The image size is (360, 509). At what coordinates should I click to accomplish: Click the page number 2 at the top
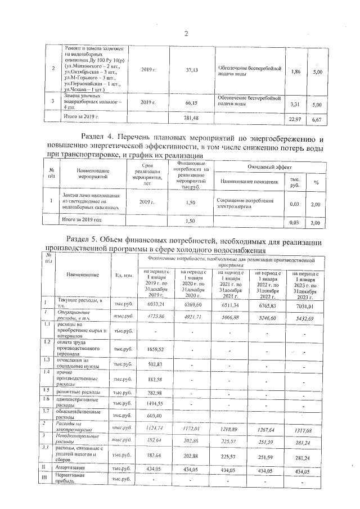[186, 34]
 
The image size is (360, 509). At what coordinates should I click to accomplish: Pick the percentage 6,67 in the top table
[317, 119]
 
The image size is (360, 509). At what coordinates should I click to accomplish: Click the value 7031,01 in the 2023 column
[302, 305]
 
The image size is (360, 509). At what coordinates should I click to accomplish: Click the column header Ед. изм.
[123, 275]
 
